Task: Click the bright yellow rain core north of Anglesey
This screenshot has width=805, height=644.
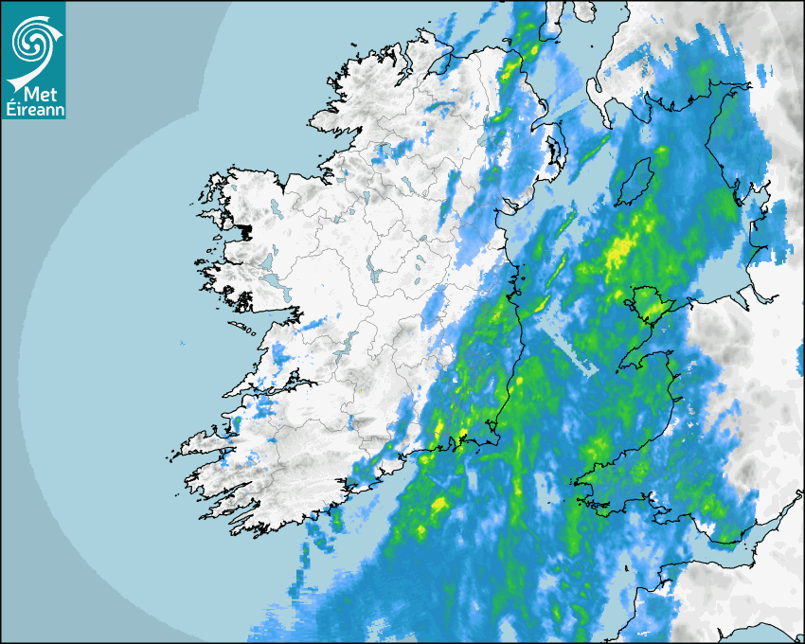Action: click(x=621, y=251)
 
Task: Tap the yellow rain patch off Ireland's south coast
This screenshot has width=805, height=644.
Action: click(x=438, y=505)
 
